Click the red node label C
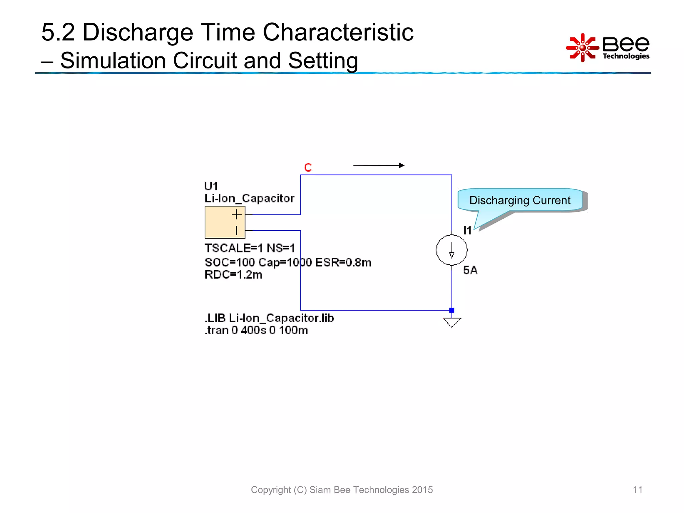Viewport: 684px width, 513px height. tap(308, 167)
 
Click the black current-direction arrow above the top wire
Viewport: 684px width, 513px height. tap(379, 165)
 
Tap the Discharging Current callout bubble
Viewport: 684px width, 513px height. tap(520, 200)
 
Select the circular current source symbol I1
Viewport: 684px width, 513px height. tap(452, 250)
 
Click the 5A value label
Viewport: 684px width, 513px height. tap(470, 270)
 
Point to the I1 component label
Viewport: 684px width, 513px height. tap(467, 230)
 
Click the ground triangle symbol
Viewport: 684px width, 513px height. tap(452, 322)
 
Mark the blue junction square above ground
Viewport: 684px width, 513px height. tap(452, 310)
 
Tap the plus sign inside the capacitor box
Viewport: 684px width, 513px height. tap(236, 214)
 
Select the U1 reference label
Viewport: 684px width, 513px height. tap(211, 186)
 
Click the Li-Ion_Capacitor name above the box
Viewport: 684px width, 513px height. tap(249, 198)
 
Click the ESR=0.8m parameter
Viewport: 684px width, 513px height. tap(343, 263)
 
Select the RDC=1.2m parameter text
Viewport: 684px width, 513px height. tap(233, 275)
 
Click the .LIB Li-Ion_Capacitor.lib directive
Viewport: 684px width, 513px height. tap(269, 318)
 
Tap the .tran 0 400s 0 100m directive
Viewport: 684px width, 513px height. tap(256, 330)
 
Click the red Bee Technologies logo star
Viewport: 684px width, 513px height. tap(582, 48)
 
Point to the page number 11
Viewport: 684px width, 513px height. tap(638, 490)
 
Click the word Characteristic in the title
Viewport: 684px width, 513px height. tap(338, 32)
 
